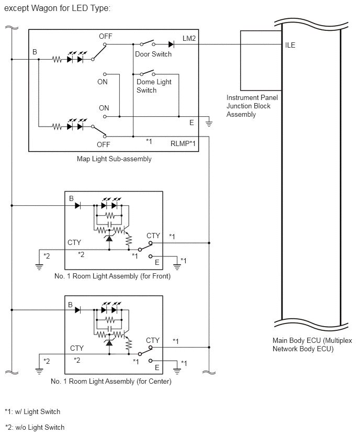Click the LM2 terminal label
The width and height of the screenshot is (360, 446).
point(189,38)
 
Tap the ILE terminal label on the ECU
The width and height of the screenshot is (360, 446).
point(290,45)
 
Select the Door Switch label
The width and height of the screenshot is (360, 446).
point(153,54)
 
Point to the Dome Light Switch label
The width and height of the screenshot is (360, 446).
point(154,86)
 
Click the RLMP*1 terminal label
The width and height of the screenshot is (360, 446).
point(183,143)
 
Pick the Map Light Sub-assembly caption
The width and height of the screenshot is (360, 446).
point(114,159)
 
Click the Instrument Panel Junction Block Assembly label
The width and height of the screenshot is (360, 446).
point(252,106)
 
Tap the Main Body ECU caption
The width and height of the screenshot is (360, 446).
point(312,344)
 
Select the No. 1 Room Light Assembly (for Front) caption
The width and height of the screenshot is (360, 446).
point(113,276)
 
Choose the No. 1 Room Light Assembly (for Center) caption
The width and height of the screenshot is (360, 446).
point(111,381)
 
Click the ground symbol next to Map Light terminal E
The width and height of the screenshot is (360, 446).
point(209,124)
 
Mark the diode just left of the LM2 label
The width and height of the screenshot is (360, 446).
point(171,44)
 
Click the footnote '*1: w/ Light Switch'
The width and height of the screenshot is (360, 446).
point(32,411)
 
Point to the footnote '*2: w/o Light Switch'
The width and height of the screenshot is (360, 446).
point(35,427)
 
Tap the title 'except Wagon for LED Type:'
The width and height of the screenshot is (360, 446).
point(57,8)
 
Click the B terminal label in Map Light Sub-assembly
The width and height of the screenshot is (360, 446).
point(35,52)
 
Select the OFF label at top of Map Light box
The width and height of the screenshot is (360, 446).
point(106,37)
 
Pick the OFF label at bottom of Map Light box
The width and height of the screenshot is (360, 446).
point(103,144)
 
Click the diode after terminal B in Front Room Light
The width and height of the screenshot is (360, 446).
point(77,205)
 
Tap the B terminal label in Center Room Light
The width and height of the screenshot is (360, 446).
point(70,305)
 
